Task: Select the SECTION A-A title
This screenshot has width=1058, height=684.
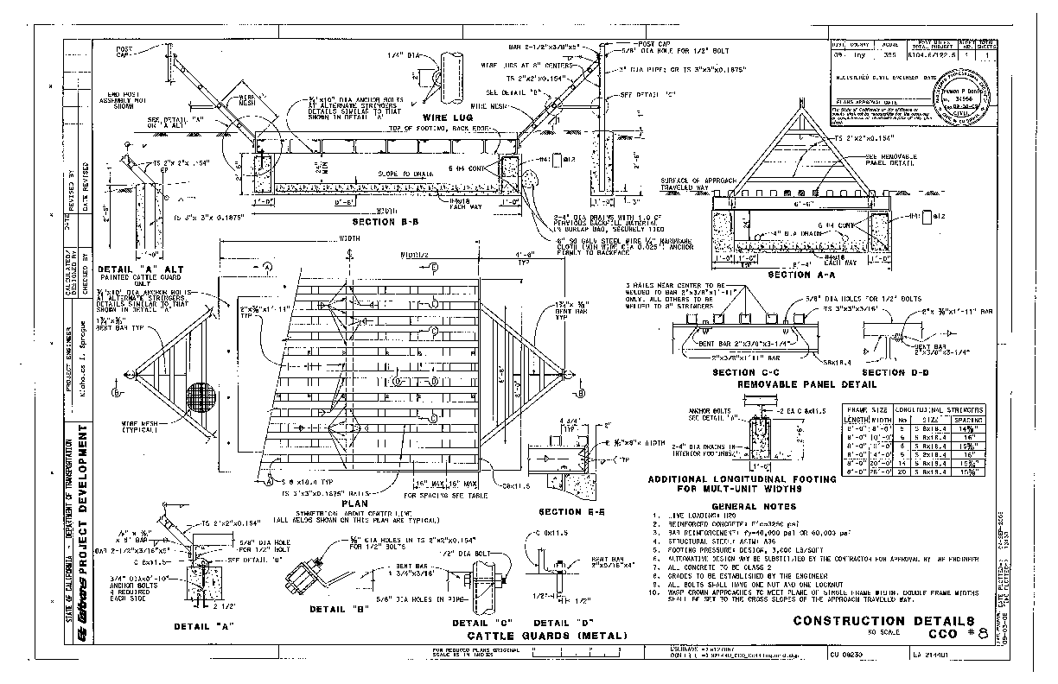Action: coord(801,275)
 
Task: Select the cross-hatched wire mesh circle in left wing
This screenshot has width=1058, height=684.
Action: coord(204,398)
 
